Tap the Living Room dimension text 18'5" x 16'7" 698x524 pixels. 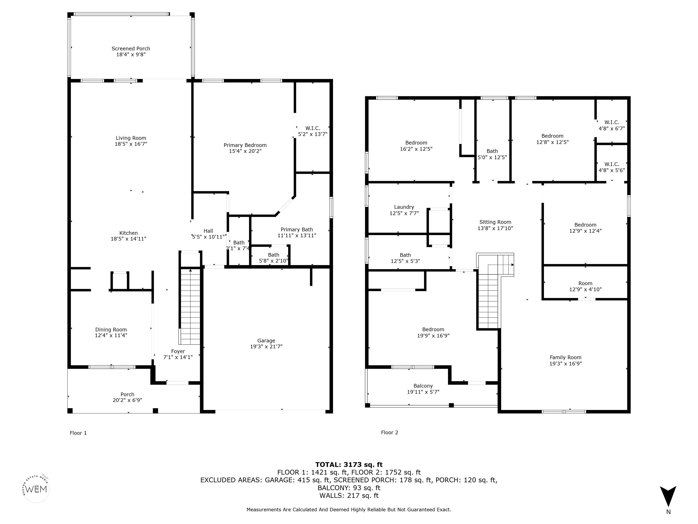[x=131, y=144]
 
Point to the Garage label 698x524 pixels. [x=266, y=340]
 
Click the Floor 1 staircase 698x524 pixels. [x=190, y=306]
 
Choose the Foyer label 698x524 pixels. [x=178, y=351]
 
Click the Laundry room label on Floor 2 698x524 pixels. [x=404, y=207]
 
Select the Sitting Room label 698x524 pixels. [x=495, y=222]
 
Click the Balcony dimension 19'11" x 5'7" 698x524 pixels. [x=423, y=392]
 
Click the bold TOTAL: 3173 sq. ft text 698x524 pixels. [x=349, y=465]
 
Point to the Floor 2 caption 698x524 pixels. [x=389, y=432]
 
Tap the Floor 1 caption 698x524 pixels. [x=78, y=433]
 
